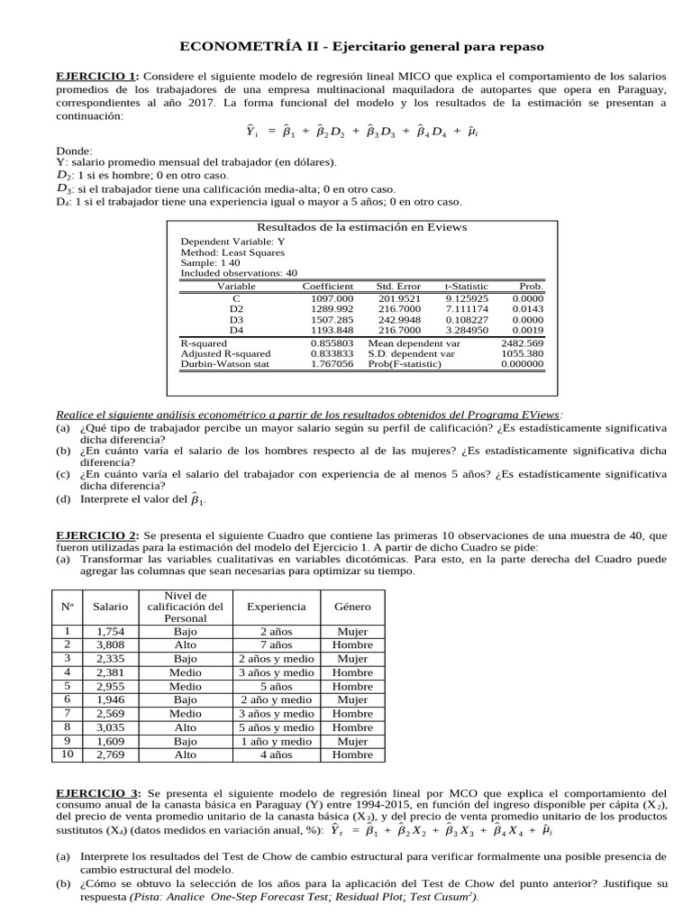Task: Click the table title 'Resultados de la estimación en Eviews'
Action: coord(362,227)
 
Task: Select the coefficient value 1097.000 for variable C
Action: coord(332,297)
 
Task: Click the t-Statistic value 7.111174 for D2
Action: coord(467,308)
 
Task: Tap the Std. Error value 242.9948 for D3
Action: coord(398,319)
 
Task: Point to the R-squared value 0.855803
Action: coord(332,343)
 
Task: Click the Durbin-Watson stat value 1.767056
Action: coord(332,364)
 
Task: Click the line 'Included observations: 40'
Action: coord(239,272)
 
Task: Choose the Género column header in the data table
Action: coord(352,608)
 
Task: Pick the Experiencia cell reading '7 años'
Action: coord(276,644)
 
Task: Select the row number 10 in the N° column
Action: coord(67,754)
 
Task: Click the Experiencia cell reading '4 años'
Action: coord(276,754)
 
